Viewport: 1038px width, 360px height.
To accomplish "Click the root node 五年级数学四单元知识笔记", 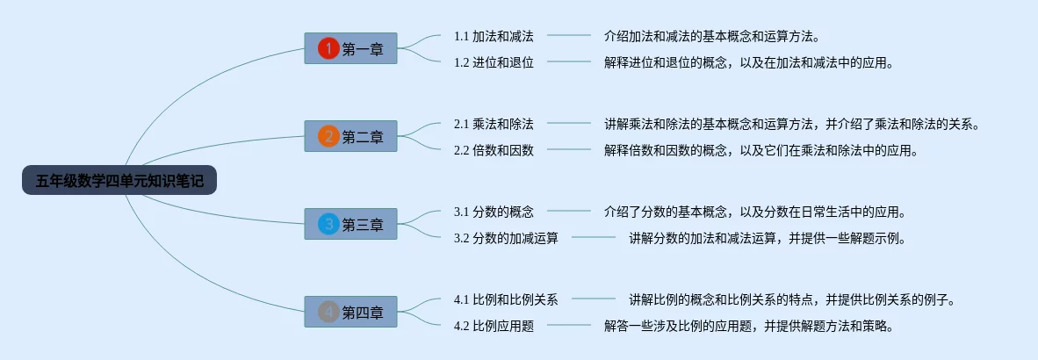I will coord(119,182).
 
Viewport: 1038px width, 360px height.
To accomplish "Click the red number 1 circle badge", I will coord(328,49).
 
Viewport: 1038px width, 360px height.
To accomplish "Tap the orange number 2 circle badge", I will coord(328,136).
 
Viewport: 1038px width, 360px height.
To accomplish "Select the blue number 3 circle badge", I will coord(328,225).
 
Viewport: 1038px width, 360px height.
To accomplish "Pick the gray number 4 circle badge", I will coord(328,312).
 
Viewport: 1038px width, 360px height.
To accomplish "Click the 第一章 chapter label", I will coord(363,49).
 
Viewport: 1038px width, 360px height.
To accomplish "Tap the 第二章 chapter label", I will coord(363,136).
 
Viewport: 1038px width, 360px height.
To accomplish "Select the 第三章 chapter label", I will coord(363,225).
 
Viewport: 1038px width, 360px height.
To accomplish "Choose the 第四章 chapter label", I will coord(363,312).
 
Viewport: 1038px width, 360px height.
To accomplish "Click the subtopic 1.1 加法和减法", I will coord(494,36).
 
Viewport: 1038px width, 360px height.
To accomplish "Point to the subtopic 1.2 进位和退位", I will coord(494,62).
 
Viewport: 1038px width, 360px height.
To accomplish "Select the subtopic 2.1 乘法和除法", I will coord(494,124).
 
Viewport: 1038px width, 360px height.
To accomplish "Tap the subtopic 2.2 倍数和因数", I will coord(494,150).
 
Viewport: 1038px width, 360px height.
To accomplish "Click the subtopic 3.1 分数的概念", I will coord(494,212).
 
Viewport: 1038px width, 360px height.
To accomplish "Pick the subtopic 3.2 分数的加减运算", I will coord(506,238).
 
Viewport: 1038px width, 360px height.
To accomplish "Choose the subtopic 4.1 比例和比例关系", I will coord(506,299).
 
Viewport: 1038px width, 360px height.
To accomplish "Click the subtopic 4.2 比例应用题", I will coord(494,326).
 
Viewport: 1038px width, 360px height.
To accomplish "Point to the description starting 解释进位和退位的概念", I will coord(749,62).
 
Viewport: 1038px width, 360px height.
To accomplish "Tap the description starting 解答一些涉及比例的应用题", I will coord(749,326).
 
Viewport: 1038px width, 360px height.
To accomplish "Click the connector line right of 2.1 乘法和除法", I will coord(569,123).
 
